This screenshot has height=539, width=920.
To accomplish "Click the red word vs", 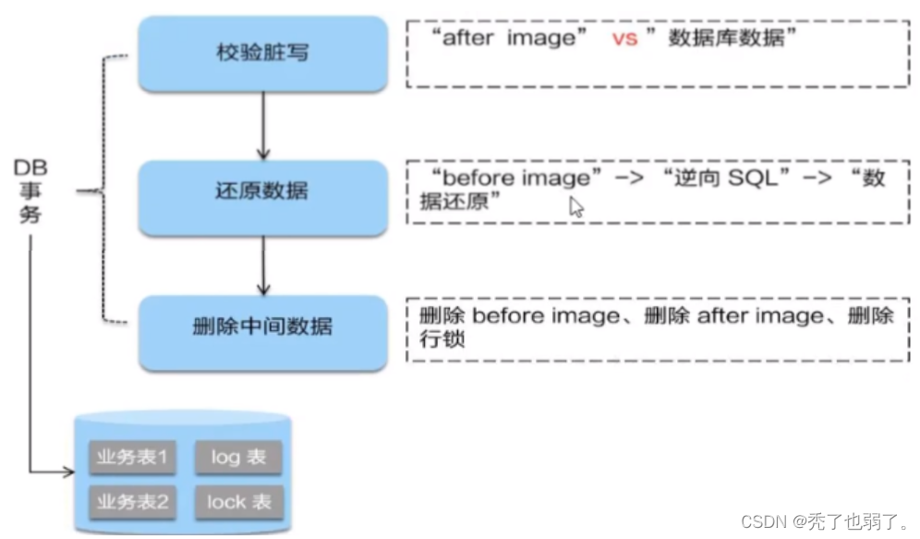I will coord(624,39).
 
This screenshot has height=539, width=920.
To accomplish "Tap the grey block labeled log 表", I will coord(238,458).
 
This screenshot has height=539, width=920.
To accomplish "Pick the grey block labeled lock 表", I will coord(238,502).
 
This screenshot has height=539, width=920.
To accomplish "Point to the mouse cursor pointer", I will coord(575,205).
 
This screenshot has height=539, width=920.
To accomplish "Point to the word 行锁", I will coord(441,339).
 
